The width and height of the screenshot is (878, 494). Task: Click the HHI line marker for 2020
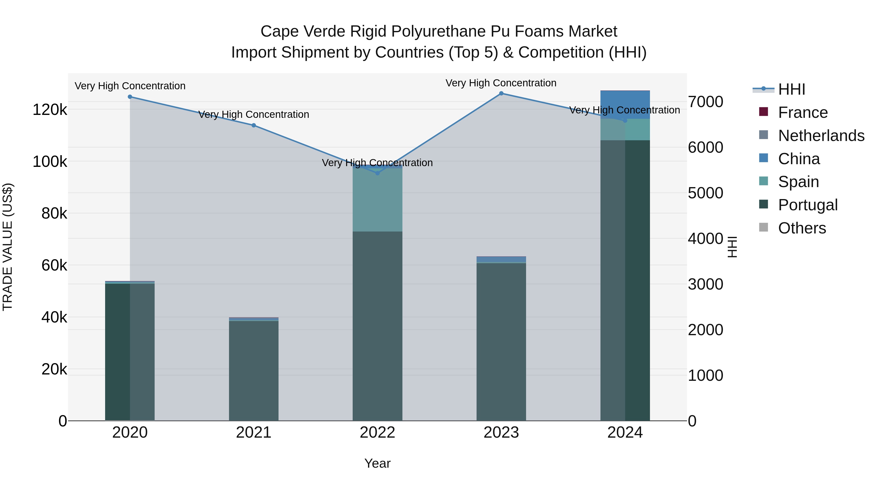(130, 97)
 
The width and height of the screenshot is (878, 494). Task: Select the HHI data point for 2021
(254, 125)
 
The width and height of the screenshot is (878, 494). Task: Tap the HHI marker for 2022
(377, 173)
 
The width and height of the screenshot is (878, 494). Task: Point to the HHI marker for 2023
(501, 93)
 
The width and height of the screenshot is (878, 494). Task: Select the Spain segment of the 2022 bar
(377, 200)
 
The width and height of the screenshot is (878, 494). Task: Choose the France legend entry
(803, 112)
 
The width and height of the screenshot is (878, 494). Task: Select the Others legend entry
(802, 228)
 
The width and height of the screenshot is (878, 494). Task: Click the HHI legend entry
(791, 89)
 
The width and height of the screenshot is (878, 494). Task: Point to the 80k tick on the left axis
(54, 214)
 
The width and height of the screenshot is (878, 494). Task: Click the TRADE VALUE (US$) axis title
(8, 247)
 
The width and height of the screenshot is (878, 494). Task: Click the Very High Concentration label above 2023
(501, 83)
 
